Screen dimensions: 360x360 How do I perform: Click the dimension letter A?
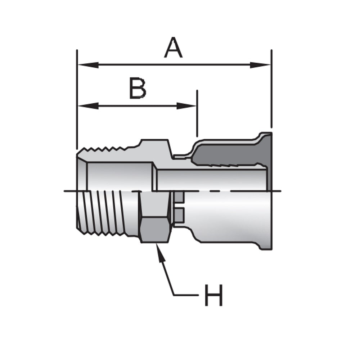pyautogui.click(x=173, y=49)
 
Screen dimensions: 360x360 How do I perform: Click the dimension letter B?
pyautogui.click(x=138, y=88)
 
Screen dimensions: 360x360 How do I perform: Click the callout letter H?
pyautogui.click(x=213, y=295)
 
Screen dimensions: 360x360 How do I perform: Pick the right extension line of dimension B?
pyautogui.click(x=197, y=113)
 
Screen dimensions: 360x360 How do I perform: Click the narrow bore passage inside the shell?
pyautogui.click(x=212, y=179)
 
